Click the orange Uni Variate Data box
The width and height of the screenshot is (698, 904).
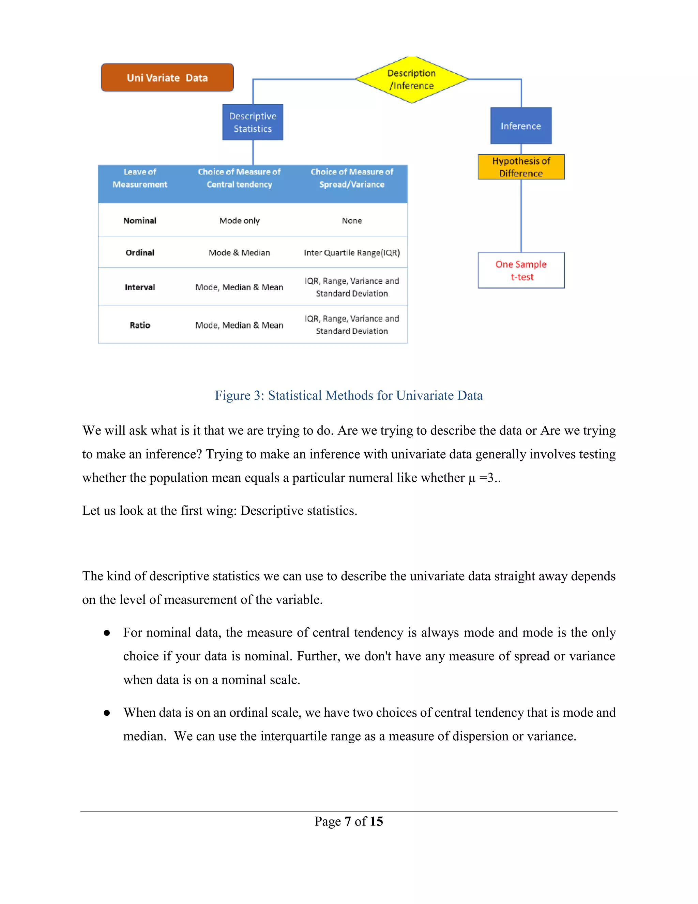167,77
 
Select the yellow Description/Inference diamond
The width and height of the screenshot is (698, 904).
411,79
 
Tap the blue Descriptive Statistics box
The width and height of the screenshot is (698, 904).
253,122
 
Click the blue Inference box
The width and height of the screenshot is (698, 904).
521,126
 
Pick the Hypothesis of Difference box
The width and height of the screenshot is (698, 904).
521,167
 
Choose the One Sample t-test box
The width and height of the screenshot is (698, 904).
521,270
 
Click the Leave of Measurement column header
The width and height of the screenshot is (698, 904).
140,178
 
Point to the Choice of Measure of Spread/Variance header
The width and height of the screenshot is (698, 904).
352,178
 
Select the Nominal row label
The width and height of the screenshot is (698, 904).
140,221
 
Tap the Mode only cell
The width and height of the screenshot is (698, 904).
239,221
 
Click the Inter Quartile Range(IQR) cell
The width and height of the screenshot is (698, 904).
352,252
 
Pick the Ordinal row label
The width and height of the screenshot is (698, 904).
140,252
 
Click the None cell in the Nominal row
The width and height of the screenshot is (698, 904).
352,221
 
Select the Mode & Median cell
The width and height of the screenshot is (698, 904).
239,252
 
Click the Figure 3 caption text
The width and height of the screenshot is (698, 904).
349,395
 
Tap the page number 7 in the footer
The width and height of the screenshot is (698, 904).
348,821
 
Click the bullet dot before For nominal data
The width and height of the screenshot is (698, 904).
107,633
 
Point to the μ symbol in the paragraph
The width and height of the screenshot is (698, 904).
472,479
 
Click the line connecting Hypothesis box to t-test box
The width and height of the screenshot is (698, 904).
521,215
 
